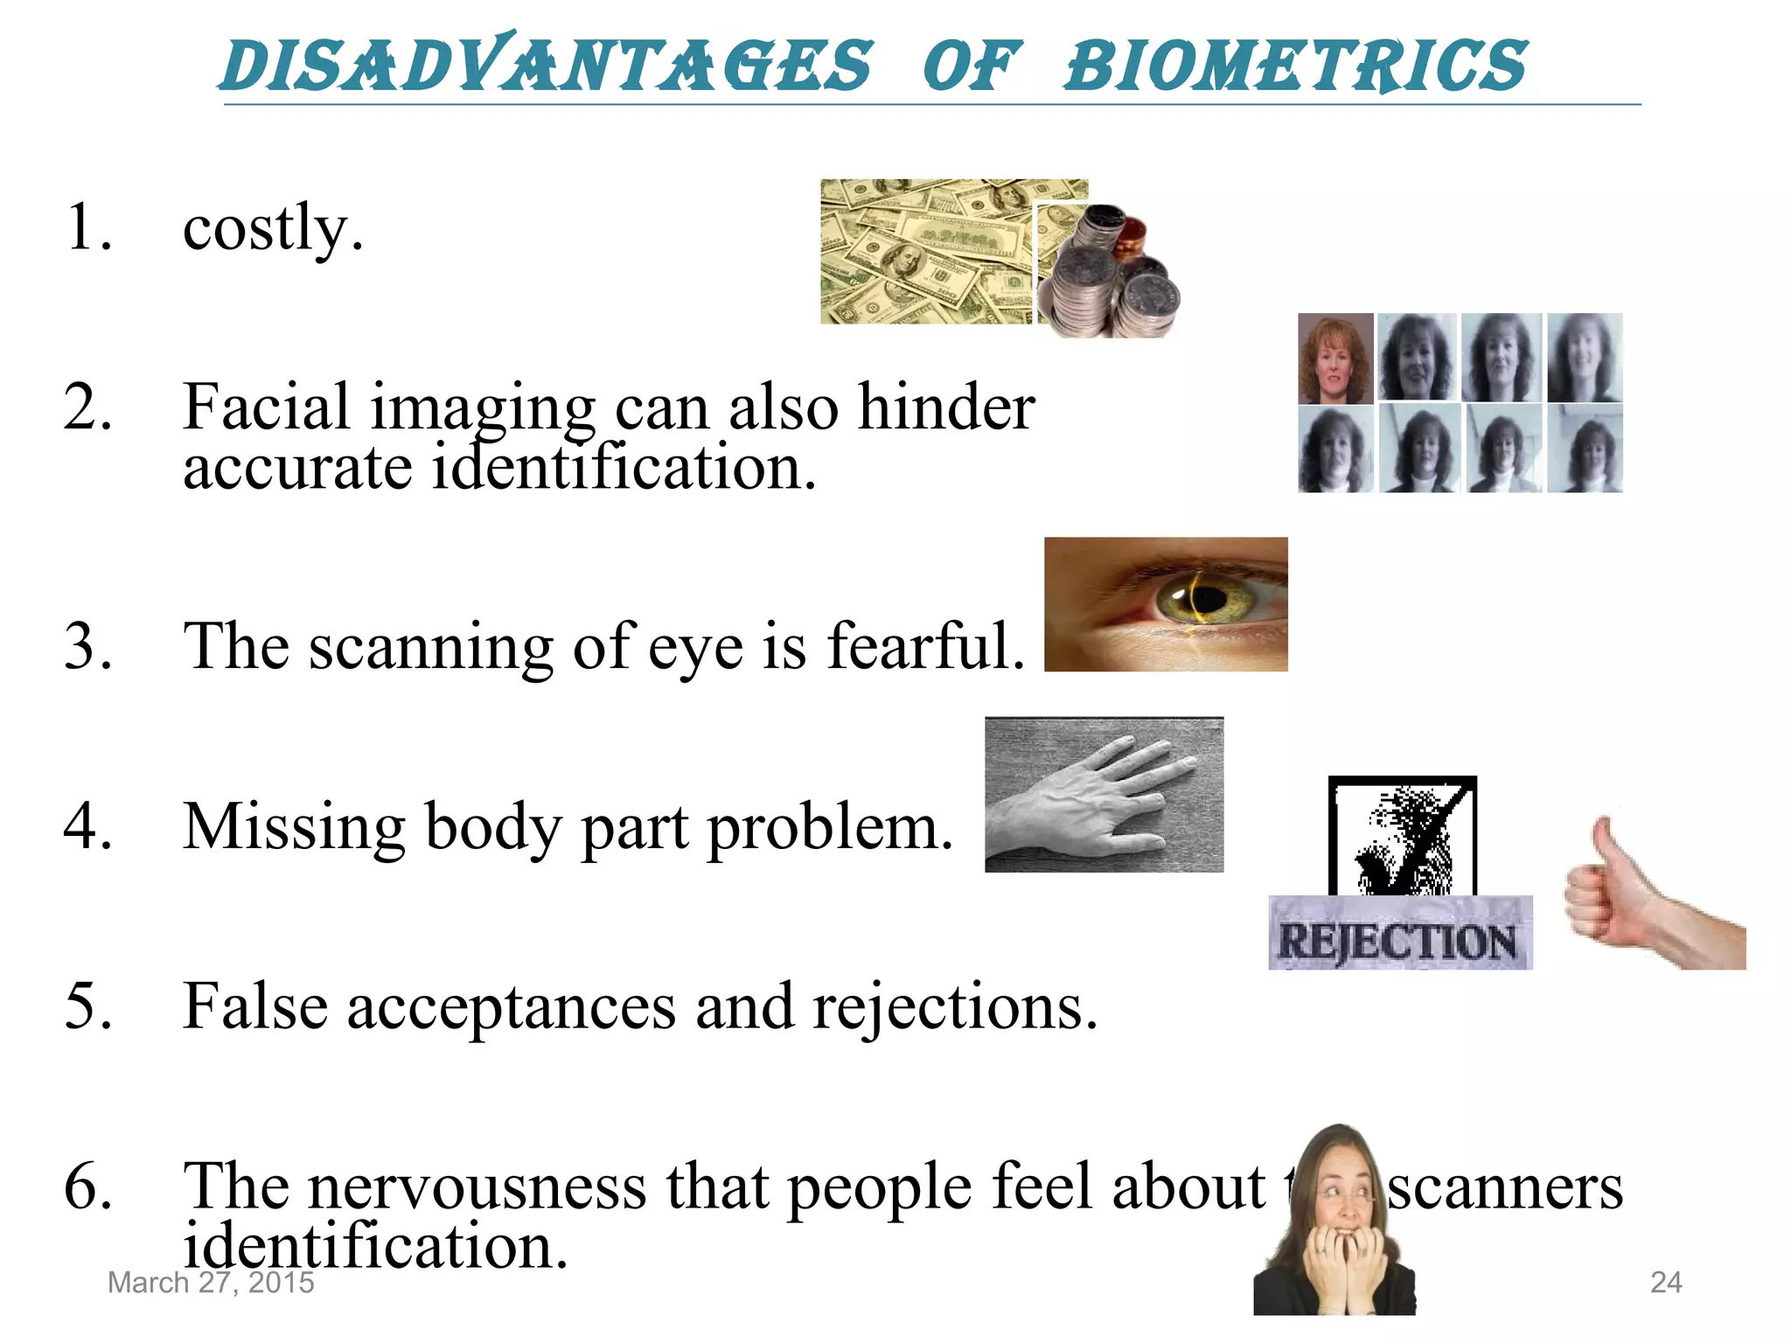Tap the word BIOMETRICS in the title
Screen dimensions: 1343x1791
1296,66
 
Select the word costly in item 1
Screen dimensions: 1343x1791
272,227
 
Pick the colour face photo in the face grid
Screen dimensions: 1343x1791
1335,358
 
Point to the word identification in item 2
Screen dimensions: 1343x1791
624,468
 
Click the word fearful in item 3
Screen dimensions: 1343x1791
925,647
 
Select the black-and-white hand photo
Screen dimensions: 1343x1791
1104,795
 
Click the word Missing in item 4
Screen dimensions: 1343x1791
294,827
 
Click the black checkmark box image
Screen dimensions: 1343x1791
1402,835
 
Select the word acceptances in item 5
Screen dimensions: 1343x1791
512,1007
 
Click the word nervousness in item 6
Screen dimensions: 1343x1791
477,1187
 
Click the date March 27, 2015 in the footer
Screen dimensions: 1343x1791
211,1283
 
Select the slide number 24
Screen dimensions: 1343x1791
1665,1283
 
